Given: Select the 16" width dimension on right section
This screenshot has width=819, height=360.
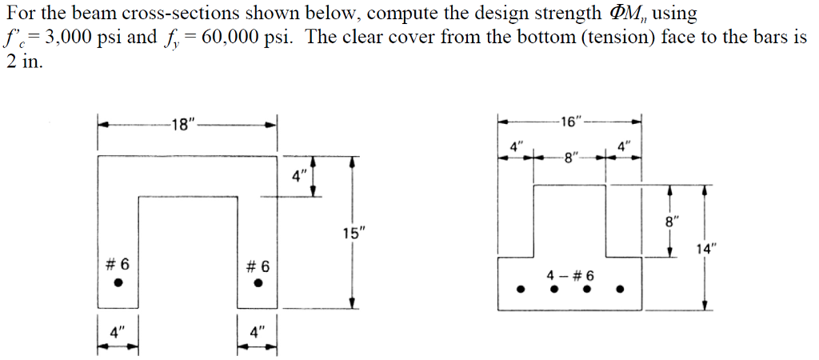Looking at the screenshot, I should click(x=572, y=122).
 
